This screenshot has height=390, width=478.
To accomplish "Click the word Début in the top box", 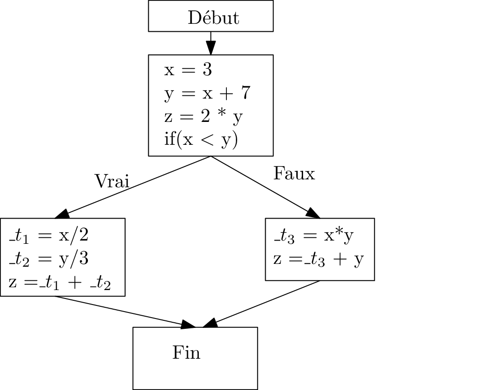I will (213, 18).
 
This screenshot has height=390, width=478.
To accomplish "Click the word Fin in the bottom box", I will (186, 352).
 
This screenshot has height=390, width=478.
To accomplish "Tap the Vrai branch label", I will (112, 181).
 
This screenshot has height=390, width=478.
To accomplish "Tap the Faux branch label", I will (294, 174).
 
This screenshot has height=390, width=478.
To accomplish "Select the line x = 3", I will (188, 70).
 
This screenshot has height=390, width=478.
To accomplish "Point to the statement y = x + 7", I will (207, 93).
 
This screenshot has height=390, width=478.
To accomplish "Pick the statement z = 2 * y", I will (203, 116).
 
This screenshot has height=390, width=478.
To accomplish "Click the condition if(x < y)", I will (201, 140).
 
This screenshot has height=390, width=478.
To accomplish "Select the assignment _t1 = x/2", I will (49, 236).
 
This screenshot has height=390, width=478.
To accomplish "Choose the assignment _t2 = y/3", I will (49, 259).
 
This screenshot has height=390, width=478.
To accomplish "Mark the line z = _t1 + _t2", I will (60, 283).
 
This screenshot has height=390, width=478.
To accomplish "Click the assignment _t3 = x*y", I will (314, 236).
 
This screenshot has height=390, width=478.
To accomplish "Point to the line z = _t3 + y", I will (319, 259).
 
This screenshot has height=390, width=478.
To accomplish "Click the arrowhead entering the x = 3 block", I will (211, 48).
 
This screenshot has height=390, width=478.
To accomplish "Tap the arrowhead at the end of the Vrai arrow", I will (62, 214).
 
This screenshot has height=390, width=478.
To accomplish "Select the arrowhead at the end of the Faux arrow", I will (313, 213).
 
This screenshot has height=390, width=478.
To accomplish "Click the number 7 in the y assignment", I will (246, 93).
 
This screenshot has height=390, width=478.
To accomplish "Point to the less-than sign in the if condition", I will (207, 140).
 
